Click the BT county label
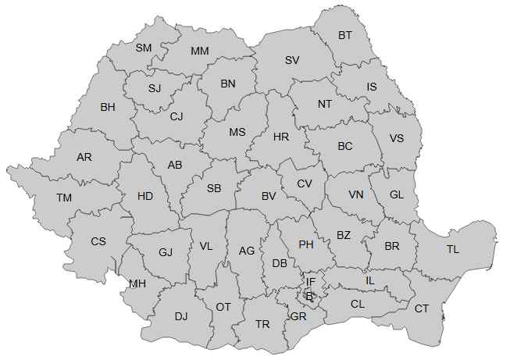tap(344, 35)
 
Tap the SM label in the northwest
tap(144, 48)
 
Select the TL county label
tap(453, 250)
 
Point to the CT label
tap(422, 308)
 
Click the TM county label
tap(64, 198)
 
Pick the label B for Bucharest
tap(308, 296)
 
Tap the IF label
tap(310, 282)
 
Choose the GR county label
tap(298, 316)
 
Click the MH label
tap(137, 283)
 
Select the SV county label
tap(292, 60)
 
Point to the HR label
tap(281, 137)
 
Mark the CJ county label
tap(177, 117)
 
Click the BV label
tap(269, 196)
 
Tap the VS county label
tap(397, 139)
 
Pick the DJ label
tap(181, 316)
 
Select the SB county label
tap(214, 188)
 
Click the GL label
tap(396, 194)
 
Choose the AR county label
tap(84, 157)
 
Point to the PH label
tap(306, 244)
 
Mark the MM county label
tap(200, 52)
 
